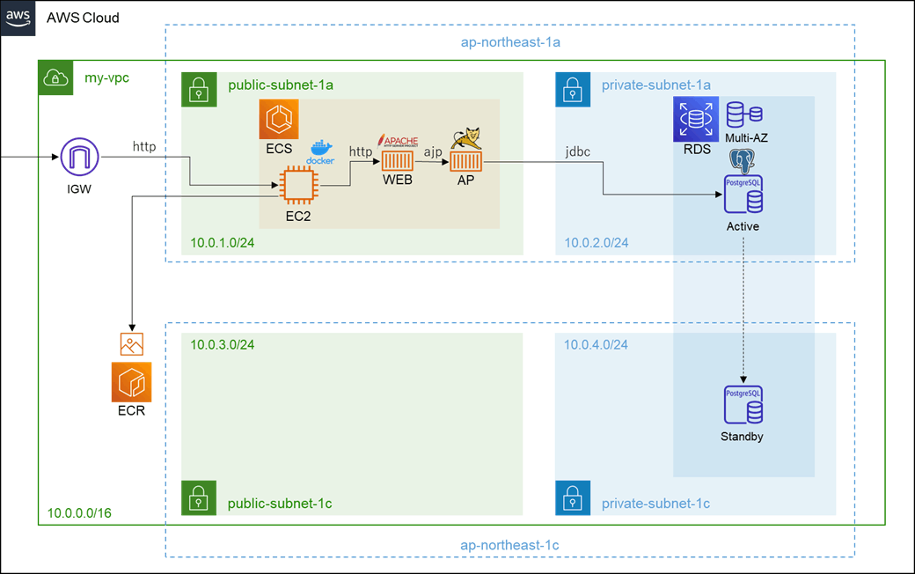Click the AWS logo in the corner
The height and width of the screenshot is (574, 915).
18,18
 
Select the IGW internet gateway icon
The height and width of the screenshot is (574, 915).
79,158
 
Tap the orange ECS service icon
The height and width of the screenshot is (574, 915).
279,120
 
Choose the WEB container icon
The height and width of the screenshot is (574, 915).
398,162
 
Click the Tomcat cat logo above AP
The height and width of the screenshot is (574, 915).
465,137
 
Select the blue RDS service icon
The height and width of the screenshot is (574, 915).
696,120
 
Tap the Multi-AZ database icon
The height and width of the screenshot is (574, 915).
744,114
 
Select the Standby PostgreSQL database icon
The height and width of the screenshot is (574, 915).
743,406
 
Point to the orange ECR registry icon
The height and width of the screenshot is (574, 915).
131,382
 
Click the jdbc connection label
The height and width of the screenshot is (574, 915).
577,151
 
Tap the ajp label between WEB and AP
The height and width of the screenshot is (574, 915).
432,151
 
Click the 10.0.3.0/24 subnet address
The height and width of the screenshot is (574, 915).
223,344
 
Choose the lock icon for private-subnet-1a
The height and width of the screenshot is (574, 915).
573,90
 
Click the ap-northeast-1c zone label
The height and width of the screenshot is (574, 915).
509,545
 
